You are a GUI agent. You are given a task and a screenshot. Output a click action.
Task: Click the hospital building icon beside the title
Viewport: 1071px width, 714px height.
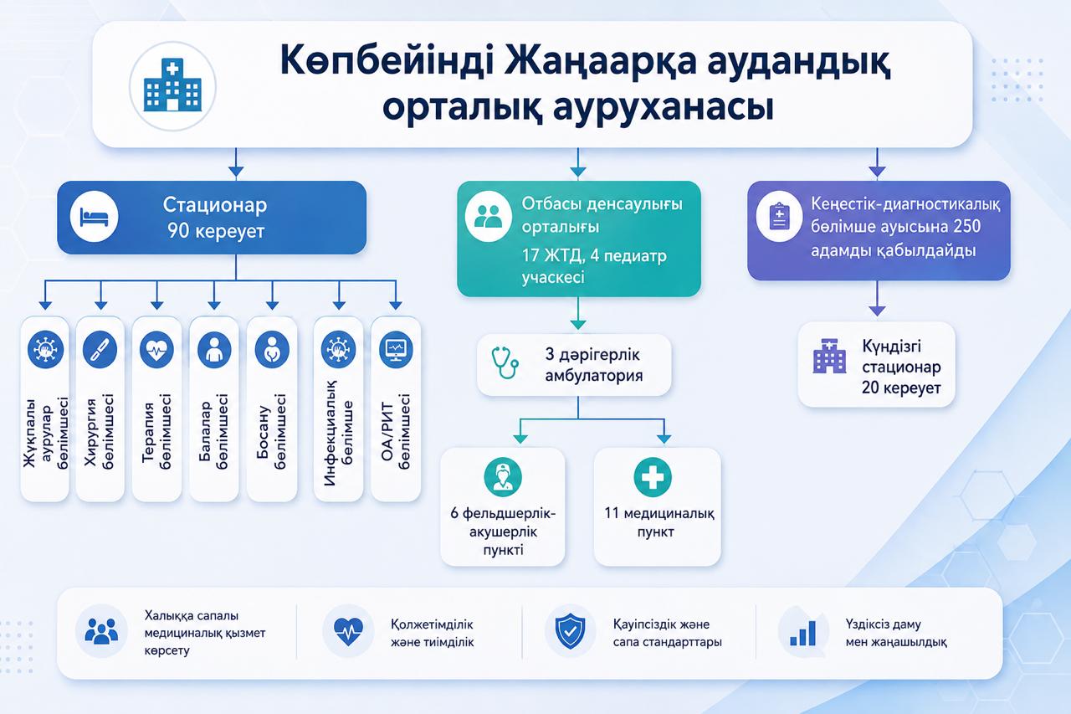pyautogui.click(x=172, y=86)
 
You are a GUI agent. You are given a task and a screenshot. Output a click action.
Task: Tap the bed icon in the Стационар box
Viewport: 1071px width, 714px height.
pyautogui.click(x=94, y=217)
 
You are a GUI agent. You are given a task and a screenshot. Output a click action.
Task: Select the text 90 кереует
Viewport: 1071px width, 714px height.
pyautogui.click(x=216, y=232)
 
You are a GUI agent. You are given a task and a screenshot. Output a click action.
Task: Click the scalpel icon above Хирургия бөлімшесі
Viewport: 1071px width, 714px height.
pyautogui.click(x=100, y=349)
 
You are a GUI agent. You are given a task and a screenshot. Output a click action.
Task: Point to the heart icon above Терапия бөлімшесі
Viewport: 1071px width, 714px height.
pyautogui.click(x=156, y=349)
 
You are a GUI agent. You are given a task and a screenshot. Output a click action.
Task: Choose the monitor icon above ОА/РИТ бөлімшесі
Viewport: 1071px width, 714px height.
pyautogui.click(x=396, y=349)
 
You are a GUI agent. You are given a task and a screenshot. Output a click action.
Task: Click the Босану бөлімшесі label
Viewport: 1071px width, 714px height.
pyautogui.click(x=272, y=431)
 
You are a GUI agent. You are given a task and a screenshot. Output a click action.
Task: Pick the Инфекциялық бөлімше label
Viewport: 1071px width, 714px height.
pyautogui.click(x=339, y=433)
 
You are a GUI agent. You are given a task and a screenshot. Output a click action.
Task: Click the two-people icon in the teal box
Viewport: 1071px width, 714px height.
pyautogui.click(x=488, y=216)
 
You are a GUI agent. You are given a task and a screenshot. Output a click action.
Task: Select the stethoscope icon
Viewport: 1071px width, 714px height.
pyautogui.click(x=505, y=363)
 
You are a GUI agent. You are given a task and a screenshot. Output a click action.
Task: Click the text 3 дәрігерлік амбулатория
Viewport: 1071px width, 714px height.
pyautogui.click(x=594, y=365)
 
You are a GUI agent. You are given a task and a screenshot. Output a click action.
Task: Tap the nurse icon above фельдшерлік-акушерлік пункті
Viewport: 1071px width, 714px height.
pyautogui.click(x=503, y=477)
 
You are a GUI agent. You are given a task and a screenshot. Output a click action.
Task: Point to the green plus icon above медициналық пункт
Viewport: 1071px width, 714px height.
pyautogui.click(x=653, y=477)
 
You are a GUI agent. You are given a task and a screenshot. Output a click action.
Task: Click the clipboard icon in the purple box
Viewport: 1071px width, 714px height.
pyautogui.click(x=779, y=216)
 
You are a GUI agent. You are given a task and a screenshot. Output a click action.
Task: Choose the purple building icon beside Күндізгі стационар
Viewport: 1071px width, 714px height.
pyautogui.click(x=829, y=356)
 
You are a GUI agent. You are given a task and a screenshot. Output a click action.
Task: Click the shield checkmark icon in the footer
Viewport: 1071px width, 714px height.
pyautogui.click(x=570, y=631)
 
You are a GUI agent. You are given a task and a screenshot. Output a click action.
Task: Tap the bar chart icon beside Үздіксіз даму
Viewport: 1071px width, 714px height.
pyautogui.click(x=803, y=633)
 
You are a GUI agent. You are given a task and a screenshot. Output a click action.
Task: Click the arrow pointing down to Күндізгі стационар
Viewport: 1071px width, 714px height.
pyautogui.click(x=877, y=298)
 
